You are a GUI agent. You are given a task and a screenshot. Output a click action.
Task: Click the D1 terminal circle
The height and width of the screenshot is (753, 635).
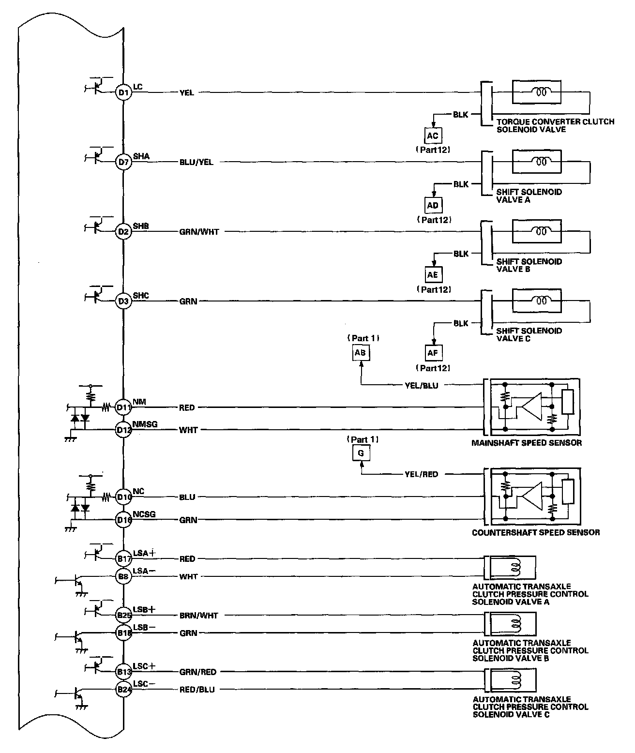click(123, 92)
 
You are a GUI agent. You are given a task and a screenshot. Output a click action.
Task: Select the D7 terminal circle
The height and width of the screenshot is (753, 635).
click(123, 162)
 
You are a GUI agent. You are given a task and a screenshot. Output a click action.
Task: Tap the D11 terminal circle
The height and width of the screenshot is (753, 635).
click(123, 407)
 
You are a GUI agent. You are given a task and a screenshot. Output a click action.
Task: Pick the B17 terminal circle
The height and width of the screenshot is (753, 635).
click(123, 559)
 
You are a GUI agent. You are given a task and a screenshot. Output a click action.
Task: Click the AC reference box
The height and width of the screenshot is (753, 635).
click(433, 136)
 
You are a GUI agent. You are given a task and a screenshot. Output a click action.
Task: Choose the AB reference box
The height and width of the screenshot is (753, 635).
click(360, 353)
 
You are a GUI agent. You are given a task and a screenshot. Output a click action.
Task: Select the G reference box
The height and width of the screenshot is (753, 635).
click(361, 453)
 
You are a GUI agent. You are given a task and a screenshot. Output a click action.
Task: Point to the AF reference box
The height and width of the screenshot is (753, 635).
click(433, 353)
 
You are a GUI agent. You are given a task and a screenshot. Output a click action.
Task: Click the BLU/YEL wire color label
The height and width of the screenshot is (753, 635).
click(196, 163)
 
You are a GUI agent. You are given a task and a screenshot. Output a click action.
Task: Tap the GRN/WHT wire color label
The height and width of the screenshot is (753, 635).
click(199, 232)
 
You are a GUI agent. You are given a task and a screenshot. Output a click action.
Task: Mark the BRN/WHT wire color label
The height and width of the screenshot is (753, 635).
click(198, 616)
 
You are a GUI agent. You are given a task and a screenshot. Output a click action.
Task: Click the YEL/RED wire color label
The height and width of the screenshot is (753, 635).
click(421, 474)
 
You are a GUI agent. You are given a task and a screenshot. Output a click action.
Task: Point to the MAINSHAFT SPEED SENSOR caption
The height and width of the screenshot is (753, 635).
click(527, 443)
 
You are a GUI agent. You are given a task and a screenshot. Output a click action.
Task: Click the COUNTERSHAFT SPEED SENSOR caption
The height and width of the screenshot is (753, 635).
click(536, 533)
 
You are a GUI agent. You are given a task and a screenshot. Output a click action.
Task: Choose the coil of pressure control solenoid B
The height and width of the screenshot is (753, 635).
click(516, 624)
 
